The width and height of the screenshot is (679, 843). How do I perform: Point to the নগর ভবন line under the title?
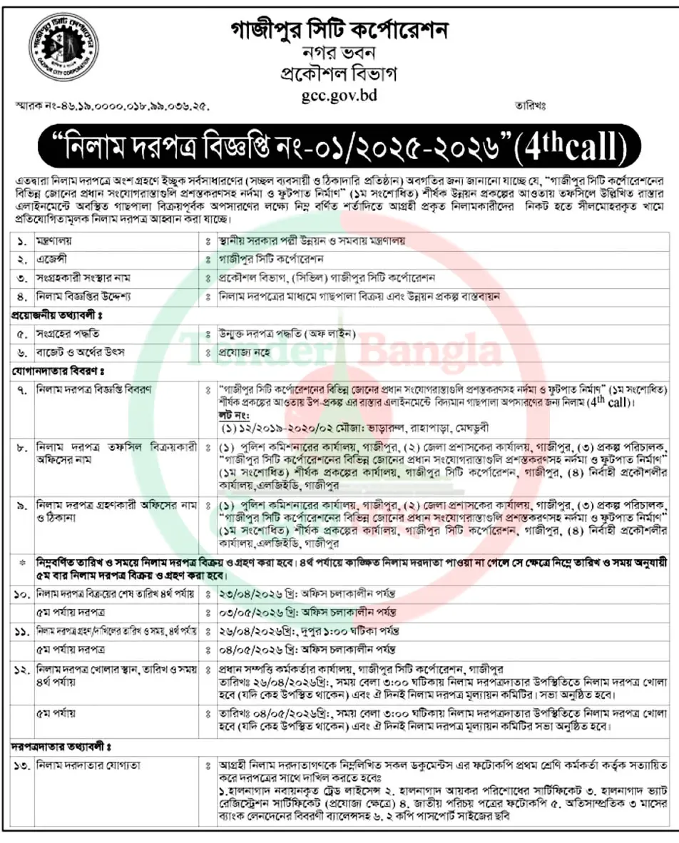click(339, 52)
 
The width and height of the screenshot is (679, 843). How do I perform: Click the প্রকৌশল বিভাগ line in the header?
click(339, 73)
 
